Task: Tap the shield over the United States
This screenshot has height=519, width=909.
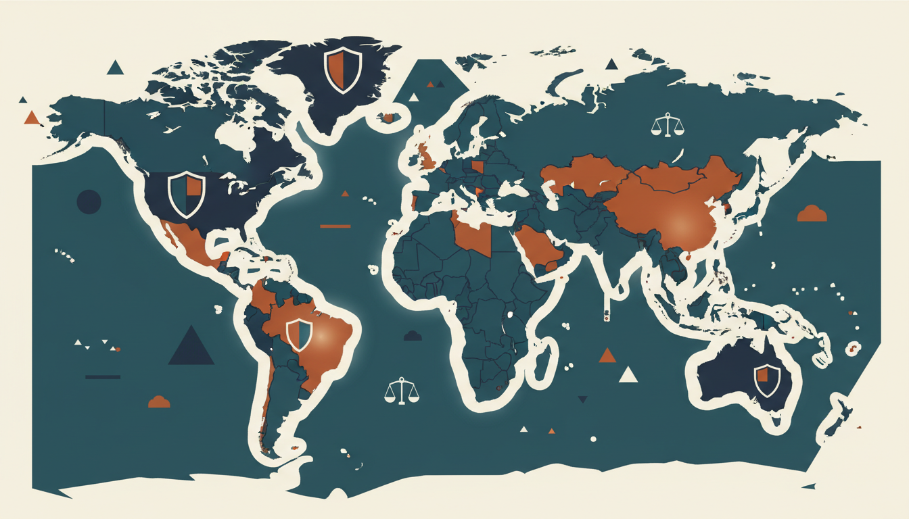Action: point(186,194)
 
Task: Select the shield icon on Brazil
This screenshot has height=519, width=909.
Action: point(298,335)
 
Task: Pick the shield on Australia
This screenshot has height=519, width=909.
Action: point(767,380)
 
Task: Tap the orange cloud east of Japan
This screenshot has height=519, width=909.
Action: point(812,214)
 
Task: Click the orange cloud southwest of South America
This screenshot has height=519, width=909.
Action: point(158,401)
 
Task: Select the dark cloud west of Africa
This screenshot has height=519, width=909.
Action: point(413,335)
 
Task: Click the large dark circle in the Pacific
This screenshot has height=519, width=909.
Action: point(89,201)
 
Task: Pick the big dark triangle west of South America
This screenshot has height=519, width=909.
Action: point(191,347)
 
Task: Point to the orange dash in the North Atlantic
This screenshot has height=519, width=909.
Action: point(335,226)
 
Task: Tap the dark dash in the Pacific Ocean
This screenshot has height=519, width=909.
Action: point(103,376)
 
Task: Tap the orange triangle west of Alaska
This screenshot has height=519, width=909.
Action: point(31,118)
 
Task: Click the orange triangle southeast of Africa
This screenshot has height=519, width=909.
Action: point(607,355)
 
